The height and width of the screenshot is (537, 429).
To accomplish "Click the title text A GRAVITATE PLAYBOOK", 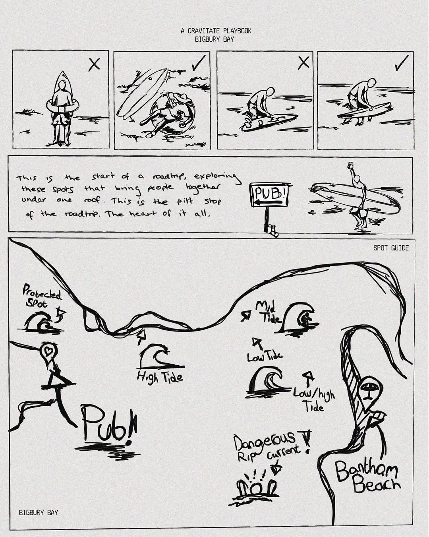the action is [216, 31].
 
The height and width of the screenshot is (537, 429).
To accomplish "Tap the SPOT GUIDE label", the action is [391, 248].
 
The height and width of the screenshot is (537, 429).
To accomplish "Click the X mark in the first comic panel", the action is [95, 65].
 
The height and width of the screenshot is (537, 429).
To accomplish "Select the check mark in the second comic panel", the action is [199, 63].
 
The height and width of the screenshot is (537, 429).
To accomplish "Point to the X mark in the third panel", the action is [304, 62].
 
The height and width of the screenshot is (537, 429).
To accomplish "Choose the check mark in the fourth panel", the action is [402, 63].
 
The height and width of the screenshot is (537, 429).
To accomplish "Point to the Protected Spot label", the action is [42, 297].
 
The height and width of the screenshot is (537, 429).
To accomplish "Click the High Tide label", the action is [160, 377].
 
